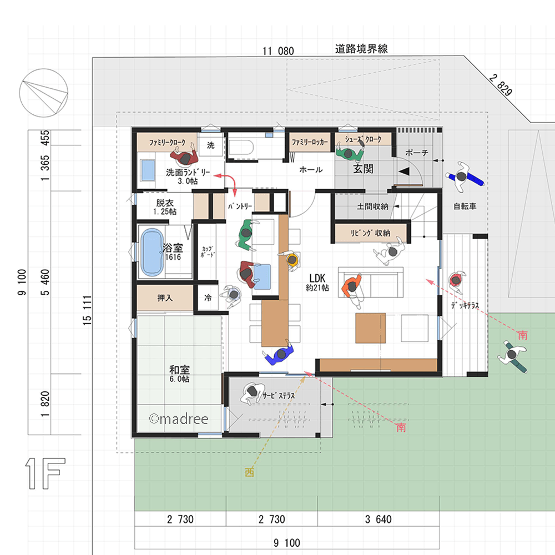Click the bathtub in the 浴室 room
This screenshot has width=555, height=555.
pyautogui.click(x=153, y=253)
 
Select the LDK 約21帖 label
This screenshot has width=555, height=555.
pyautogui.click(x=317, y=282)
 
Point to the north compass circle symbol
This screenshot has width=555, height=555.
pyautogui.click(x=44, y=92)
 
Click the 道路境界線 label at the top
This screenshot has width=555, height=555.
pyautogui.click(x=361, y=49)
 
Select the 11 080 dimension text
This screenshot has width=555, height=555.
pyautogui.click(x=278, y=52)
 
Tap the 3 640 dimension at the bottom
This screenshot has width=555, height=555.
pyautogui.click(x=378, y=519)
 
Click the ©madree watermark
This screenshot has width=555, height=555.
pyautogui.click(x=178, y=419)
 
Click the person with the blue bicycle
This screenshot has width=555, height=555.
pyautogui.click(x=465, y=174)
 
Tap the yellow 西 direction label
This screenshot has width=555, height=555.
pyautogui.click(x=250, y=473)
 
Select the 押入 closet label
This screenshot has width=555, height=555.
pyautogui.click(x=165, y=298)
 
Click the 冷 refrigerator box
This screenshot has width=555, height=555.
pyautogui.click(x=208, y=298)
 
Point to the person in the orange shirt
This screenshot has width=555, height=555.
pyautogui.click(x=352, y=290)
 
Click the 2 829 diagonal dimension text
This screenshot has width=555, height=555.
pyautogui.click(x=500, y=84)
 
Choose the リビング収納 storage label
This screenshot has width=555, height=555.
pyautogui.click(x=370, y=233)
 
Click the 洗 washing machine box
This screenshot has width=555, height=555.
pyautogui.click(x=211, y=145)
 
